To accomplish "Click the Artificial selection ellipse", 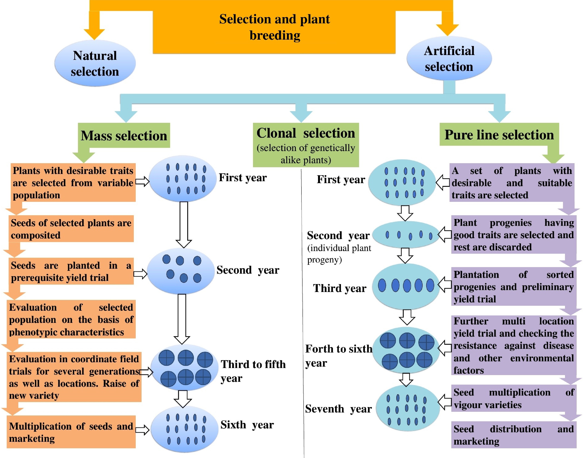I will tap(449, 58).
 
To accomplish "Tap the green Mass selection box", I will tap(124, 135).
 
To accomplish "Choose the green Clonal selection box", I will tap(306, 145).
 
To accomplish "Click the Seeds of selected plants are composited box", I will tap(71, 229).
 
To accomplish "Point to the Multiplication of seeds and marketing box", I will tap(71, 432).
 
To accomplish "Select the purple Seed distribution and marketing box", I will tap(513, 435).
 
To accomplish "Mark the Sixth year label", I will tap(247, 425).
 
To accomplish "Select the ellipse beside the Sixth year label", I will tap(184, 429).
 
